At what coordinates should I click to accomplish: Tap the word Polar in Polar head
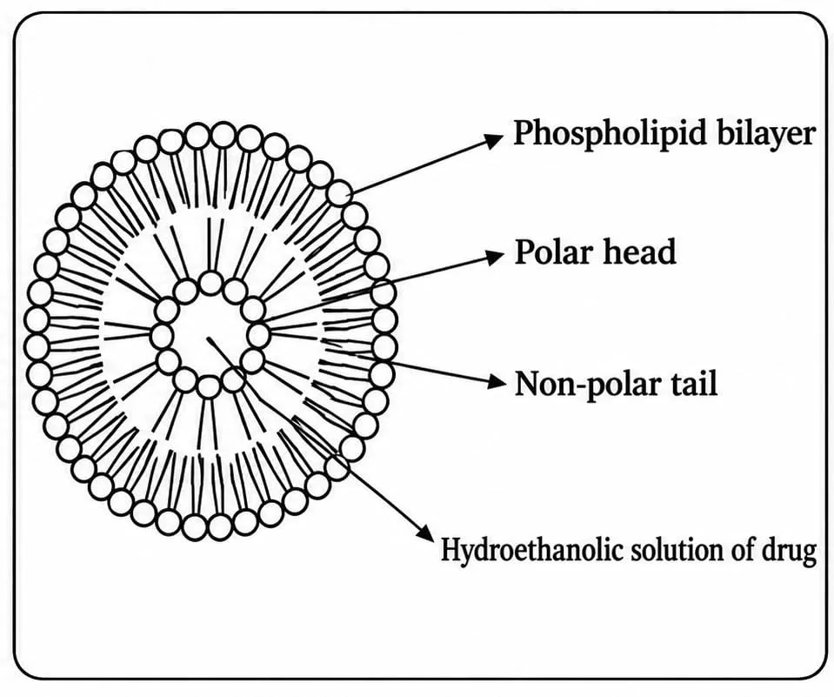coord(552,251)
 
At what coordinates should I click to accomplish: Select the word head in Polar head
coord(638,251)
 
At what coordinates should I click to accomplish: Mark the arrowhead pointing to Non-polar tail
coord(497,381)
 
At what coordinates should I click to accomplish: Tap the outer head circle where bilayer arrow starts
coord(340,193)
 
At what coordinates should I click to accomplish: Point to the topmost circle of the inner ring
coord(211,283)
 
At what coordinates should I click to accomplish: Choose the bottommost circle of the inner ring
coord(209,386)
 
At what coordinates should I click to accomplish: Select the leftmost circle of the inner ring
coord(162,336)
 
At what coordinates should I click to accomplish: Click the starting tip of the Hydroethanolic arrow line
coord(208,338)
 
